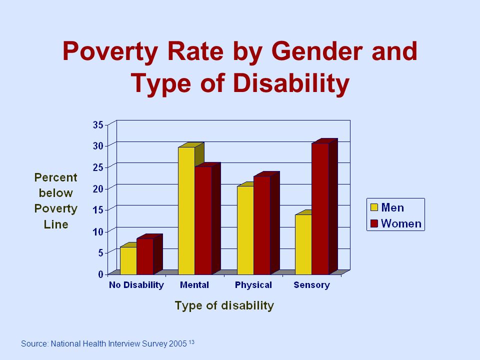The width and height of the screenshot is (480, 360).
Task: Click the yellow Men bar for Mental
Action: tap(186, 210)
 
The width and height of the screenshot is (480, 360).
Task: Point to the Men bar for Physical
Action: tap(245, 230)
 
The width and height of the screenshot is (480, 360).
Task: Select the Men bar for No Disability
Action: tap(128, 260)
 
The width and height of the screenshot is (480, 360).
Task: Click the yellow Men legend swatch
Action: tap(374, 207)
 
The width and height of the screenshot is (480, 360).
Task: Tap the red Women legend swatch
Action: tap(374, 223)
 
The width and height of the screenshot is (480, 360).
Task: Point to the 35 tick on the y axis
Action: tap(98, 125)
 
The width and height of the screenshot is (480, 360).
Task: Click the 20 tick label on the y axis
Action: tap(98, 188)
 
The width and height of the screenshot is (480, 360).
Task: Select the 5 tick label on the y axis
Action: tap(100, 253)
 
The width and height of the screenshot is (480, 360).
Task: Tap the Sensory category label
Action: tap(311, 285)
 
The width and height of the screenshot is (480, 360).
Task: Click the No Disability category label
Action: tap(136, 285)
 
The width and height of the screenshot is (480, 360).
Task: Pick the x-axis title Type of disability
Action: tap(224, 305)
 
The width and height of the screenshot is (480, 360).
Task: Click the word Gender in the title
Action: tap(317, 51)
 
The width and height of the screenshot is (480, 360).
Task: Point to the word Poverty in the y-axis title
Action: tap(55, 209)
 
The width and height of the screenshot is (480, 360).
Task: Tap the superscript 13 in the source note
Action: tap(191, 342)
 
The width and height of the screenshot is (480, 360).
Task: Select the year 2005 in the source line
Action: tap(177, 344)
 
